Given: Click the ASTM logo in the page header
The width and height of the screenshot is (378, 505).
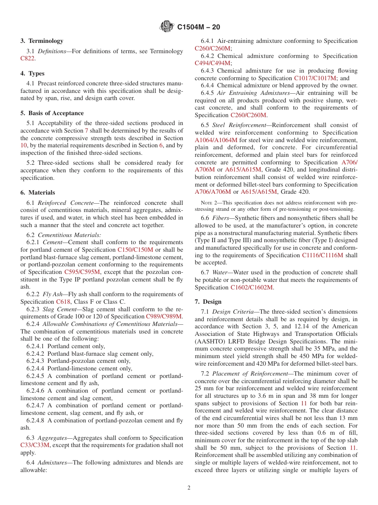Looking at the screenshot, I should pos(166,27).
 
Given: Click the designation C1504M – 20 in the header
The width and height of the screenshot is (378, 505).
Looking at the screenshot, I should pos(198,27).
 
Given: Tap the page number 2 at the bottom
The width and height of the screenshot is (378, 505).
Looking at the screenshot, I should pos(189,488).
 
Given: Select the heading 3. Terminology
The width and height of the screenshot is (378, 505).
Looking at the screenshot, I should pos(42,41).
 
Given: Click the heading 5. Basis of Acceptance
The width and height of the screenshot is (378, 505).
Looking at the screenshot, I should pos(52,113).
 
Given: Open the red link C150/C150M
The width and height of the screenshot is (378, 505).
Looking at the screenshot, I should pos(135,250).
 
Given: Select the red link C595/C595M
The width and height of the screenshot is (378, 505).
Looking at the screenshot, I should pos(82,272).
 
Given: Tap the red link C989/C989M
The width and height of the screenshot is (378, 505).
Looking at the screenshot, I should pos(164,316).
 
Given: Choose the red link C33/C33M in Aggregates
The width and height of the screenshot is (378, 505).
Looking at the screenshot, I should pos(35,445).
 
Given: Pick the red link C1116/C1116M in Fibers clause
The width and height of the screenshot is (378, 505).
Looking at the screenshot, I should pos(322,255).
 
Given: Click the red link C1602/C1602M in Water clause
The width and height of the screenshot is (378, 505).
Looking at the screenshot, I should pos(251,287).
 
